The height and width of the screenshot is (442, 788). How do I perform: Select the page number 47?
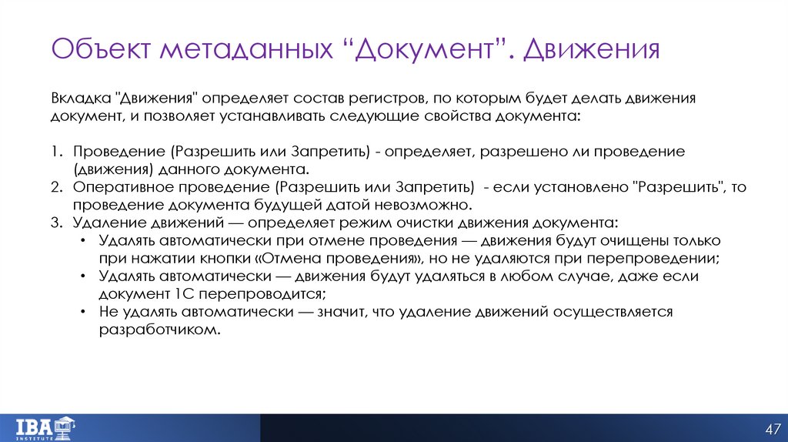[773, 428]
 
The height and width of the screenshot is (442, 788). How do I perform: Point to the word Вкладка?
[80, 99]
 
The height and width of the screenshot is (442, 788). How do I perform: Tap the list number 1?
[56, 152]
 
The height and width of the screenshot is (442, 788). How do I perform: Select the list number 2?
[56, 187]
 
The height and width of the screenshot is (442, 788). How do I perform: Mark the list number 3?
[56, 223]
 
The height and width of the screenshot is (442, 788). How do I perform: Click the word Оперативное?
[122, 187]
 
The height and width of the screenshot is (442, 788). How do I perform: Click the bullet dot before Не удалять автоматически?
[83, 312]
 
